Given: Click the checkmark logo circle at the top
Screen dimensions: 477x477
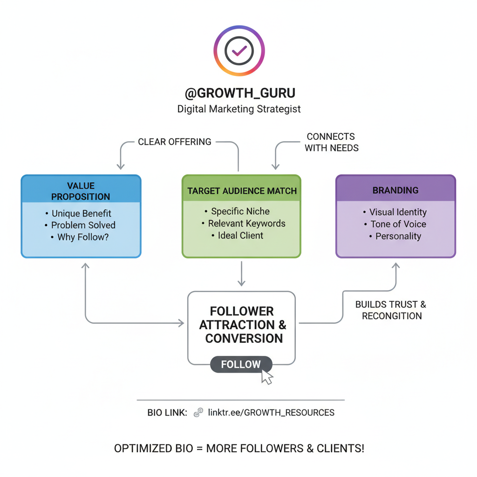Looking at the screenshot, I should [239, 50].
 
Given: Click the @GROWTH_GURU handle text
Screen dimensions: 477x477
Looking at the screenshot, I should [239, 93].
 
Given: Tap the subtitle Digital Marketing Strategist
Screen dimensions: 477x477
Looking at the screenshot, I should [239, 109].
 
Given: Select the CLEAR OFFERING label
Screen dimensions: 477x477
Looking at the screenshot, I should [175, 142].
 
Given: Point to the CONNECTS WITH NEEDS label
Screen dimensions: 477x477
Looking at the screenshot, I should [331, 142].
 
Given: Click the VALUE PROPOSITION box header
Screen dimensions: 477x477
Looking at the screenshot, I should [81, 191].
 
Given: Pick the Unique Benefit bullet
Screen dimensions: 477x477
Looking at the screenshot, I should [81, 214].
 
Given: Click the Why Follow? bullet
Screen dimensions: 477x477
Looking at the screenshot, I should [83, 237].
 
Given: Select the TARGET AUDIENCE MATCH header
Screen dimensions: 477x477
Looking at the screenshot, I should [242, 191].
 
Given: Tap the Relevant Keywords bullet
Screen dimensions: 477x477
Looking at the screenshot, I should [246, 224].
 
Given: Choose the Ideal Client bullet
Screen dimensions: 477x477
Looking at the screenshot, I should [240, 236].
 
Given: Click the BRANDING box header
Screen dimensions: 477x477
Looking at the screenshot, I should [395, 190].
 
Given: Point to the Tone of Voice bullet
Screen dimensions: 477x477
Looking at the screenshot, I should [398, 224].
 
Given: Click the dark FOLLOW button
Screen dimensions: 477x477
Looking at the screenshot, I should [241, 365].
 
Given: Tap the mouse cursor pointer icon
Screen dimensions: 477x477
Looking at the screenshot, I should [266, 377].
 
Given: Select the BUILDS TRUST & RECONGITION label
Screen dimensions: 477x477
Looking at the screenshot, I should [391, 310].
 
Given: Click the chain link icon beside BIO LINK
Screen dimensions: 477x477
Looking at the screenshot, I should [199, 412].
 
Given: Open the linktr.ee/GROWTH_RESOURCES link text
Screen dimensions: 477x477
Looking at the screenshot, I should [271, 413].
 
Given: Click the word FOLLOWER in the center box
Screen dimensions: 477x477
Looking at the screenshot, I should [242, 311].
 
